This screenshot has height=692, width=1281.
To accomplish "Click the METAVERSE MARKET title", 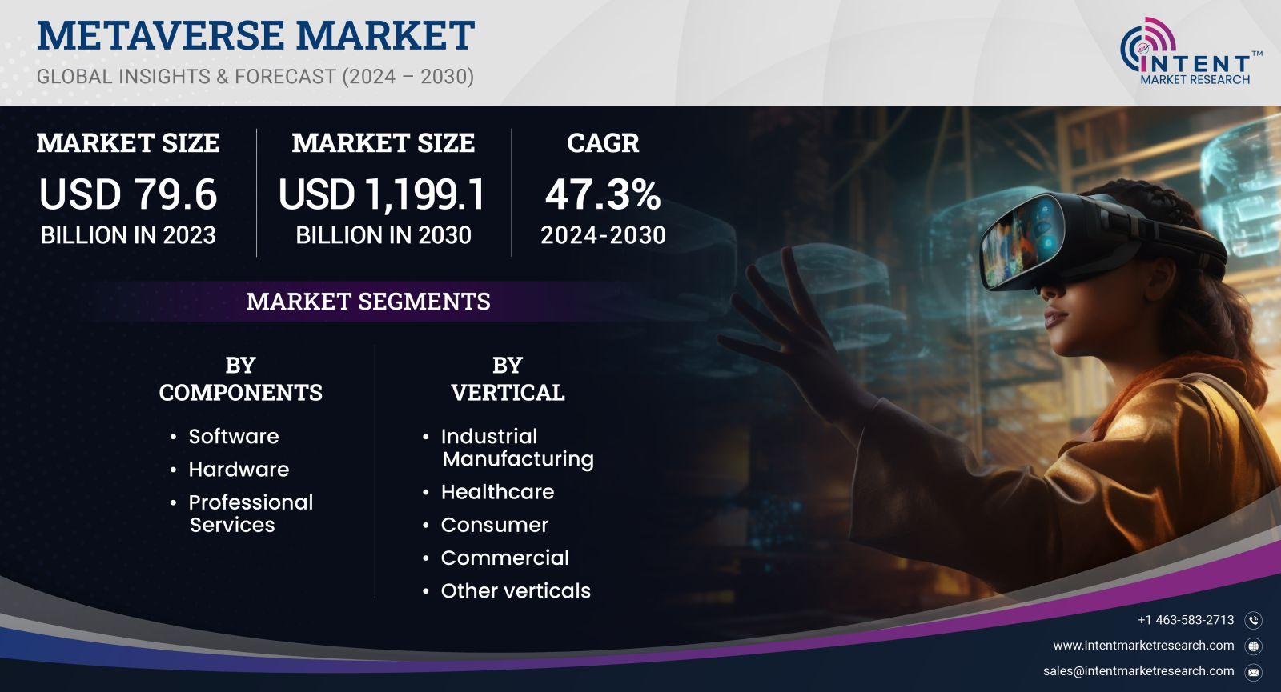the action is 255,35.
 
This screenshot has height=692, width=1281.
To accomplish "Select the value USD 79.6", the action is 128,194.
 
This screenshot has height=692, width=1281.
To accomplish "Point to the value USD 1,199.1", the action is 382,194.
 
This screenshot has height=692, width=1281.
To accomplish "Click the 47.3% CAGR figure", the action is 603,194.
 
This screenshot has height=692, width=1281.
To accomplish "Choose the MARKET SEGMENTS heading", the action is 368,301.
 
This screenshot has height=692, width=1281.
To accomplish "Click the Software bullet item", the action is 233,437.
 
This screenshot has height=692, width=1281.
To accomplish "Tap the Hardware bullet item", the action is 239,470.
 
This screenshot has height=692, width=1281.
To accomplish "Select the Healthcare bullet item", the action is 497,492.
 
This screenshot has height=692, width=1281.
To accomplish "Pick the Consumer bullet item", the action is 494,525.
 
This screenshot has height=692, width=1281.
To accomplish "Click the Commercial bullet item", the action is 504,558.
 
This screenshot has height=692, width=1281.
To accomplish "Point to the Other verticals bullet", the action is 516,591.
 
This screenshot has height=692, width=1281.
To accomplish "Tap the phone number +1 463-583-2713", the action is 1186,620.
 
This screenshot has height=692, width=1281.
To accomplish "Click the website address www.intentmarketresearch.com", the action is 1144,646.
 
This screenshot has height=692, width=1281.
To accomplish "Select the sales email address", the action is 1138,671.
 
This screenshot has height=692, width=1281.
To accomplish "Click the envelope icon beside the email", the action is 1254,673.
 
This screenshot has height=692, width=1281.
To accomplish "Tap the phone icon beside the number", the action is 1254,621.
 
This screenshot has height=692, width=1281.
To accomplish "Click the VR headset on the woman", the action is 1086,240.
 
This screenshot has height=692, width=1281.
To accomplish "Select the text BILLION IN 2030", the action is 383,235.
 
